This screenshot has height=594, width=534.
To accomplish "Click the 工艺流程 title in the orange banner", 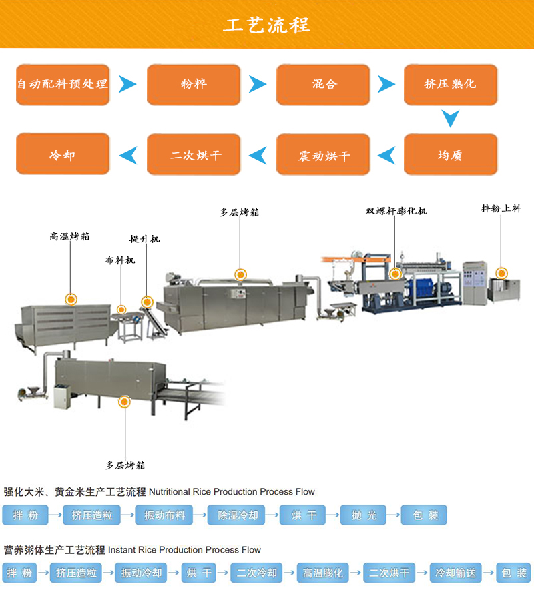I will point(267,25).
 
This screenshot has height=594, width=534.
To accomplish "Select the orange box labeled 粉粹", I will point(194,84).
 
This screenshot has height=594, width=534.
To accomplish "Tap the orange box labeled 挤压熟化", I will point(451,84).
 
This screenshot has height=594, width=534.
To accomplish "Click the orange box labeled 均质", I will point(451,155).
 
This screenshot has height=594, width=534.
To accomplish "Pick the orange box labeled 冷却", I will point(62,155).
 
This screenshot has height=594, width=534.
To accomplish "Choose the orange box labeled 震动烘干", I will point(324,155).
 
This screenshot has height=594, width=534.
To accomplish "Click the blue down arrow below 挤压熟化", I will point(451,119).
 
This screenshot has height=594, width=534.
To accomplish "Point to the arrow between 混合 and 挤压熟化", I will point(386,84).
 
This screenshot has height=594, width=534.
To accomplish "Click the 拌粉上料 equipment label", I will point(501,208).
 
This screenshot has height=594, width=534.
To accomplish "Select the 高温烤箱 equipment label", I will point(70,236).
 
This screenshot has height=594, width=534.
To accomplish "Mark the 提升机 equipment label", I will point(145,238).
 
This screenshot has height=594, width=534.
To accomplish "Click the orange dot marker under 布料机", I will point(121,309).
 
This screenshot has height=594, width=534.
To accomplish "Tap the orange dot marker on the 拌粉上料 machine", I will point(501,272).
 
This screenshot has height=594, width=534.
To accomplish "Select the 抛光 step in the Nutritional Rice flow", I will point(364,515).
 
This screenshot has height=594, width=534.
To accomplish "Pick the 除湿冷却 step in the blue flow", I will point(233,515).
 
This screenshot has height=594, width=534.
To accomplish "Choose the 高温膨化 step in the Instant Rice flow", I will point(323,573).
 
